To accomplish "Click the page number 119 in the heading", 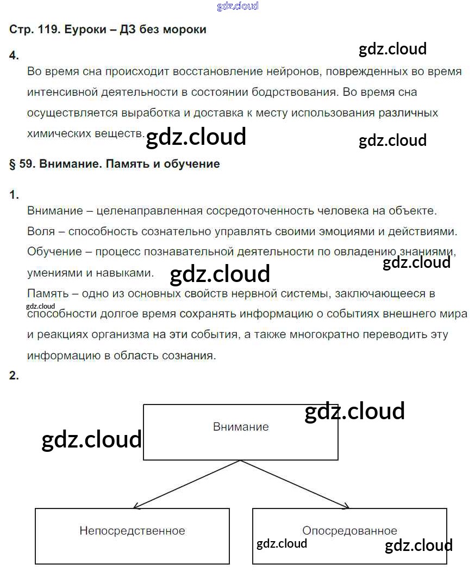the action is pyautogui.click(x=47, y=29).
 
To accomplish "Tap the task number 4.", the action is pyautogui.click(x=14, y=55).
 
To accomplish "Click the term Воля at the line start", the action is pyautogui.click(x=41, y=231).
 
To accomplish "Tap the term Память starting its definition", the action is pyautogui.click(x=47, y=293).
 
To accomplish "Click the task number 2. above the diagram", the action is pyautogui.click(x=14, y=375).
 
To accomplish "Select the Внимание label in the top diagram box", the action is pyautogui.click(x=241, y=427).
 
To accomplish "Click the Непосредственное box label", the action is pyautogui.click(x=132, y=530).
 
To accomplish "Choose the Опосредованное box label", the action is pyautogui.click(x=349, y=530).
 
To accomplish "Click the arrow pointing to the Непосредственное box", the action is pyautogui.click(x=136, y=506).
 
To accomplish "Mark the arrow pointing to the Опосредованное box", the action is pyautogui.click(x=346, y=506).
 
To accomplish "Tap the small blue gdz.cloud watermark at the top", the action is pyautogui.click(x=237, y=7).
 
